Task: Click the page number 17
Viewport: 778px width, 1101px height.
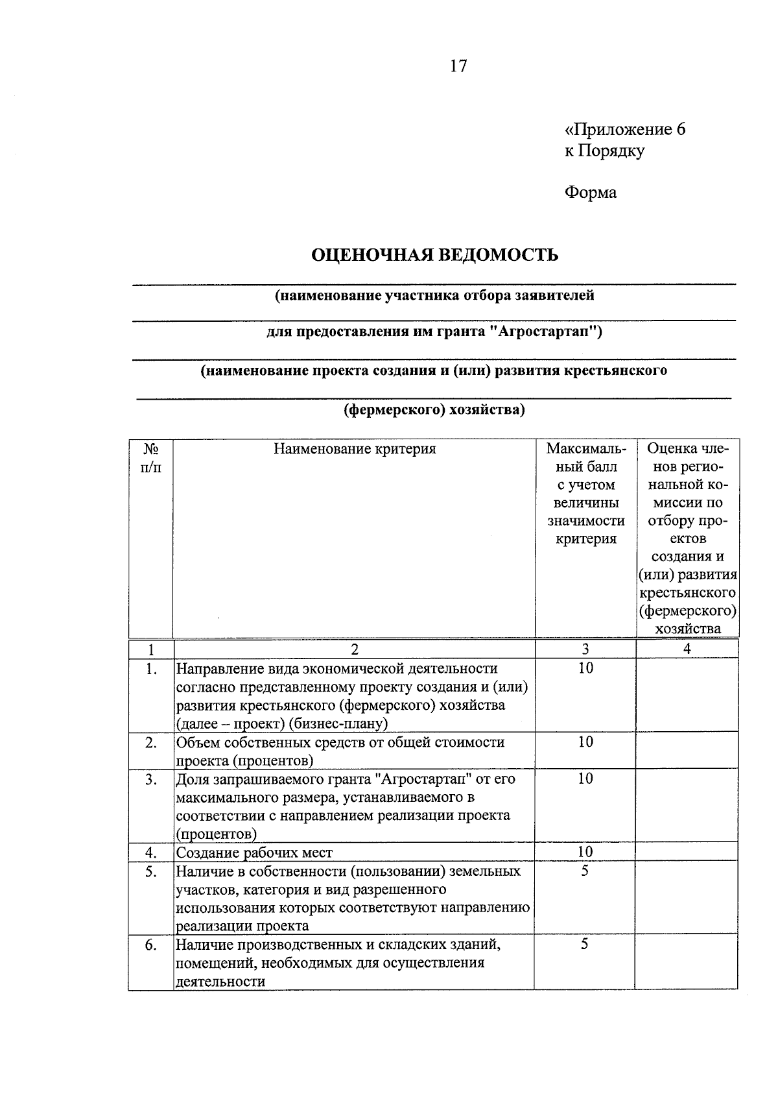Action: pos(458,66)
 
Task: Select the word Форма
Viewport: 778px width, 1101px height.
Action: pos(590,193)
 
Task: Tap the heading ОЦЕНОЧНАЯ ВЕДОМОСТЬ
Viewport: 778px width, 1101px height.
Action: pos(434,254)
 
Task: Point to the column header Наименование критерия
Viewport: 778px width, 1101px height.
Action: pos(354,449)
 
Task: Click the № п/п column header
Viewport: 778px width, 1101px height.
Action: pos(150,457)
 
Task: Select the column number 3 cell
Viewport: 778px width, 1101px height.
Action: pos(585,649)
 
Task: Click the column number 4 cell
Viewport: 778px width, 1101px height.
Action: pos(687,649)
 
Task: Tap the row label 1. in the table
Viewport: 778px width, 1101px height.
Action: pos(150,669)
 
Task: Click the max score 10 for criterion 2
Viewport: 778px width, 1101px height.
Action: pos(585,742)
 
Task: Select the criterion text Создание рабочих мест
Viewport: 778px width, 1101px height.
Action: pos(254,853)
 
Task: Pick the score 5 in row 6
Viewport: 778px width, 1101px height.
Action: pos(584,945)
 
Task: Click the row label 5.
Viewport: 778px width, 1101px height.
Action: pos(150,871)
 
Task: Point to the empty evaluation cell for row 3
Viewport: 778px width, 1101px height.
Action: pos(687,806)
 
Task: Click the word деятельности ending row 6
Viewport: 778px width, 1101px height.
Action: pos(220,982)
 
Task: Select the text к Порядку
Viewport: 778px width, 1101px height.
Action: pos(604,151)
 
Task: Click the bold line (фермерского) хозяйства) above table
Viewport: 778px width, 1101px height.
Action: pos(434,410)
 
